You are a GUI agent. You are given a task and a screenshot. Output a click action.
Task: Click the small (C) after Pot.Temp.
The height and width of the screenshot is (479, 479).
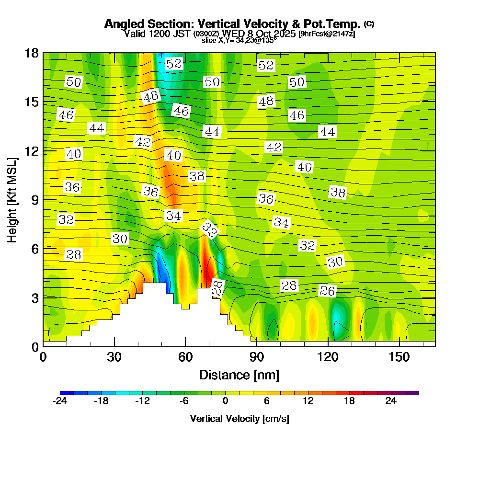(369, 23)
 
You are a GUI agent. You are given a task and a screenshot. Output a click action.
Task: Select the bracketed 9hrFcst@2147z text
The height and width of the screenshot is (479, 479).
(326, 34)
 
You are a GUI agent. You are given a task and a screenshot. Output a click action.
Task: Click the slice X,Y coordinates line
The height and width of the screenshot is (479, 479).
(239, 41)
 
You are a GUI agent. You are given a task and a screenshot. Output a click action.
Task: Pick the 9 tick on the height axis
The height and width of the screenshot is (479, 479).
(34, 200)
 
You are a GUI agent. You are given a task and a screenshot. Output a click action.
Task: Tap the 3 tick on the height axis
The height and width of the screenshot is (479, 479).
(34, 298)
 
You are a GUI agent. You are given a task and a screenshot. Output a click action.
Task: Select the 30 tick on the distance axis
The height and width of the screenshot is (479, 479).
(114, 357)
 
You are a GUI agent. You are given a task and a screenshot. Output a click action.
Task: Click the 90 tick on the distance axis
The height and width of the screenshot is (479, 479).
(257, 357)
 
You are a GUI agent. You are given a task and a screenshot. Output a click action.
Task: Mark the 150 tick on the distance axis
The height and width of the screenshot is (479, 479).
(399, 357)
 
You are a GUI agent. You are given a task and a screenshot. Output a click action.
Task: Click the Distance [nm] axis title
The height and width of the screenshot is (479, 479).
(239, 375)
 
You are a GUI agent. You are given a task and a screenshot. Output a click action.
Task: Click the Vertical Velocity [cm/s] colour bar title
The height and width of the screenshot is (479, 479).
(239, 419)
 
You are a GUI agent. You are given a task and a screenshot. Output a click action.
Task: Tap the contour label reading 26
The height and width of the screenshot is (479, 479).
(328, 291)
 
